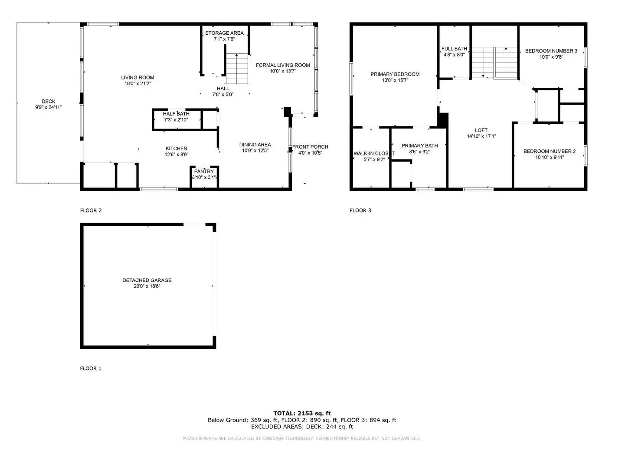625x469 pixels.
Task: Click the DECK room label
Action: (x=49, y=102)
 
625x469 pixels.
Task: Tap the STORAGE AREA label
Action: (x=224, y=33)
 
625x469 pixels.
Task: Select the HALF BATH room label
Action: (x=176, y=114)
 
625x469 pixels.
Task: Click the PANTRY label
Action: (x=204, y=172)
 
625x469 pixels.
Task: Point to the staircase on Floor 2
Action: (x=237, y=69)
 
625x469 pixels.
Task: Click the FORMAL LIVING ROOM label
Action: (x=283, y=65)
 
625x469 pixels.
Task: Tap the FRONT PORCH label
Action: (x=310, y=147)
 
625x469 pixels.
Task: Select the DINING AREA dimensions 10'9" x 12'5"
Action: (x=255, y=151)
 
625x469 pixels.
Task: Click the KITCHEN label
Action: (x=176, y=149)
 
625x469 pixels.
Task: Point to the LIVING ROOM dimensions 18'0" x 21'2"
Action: (x=137, y=83)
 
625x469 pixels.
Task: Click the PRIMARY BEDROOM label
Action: (x=395, y=74)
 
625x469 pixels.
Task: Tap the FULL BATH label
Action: (x=454, y=49)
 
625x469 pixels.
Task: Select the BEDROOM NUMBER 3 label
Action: (x=551, y=51)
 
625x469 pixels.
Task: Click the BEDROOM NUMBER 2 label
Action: (x=549, y=151)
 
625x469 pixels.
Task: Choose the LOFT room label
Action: (x=481, y=130)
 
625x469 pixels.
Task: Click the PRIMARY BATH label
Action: (x=419, y=145)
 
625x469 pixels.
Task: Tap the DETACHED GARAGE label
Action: (x=147, y=280)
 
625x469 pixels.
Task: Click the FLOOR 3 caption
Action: (x=360, y=211)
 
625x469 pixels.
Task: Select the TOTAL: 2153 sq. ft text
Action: (x=302, y=413)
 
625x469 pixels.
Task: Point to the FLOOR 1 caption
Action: (x=91, y=368)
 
